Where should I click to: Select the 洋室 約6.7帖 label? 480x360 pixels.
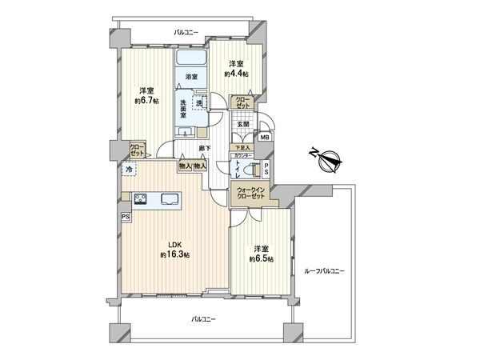click(145, 96)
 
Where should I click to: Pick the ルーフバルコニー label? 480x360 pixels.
click(324, 272)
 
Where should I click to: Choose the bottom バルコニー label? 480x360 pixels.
click(206, 319)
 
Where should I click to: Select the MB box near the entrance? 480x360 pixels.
click(266, 136)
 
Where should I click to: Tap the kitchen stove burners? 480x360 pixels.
click(141, 199)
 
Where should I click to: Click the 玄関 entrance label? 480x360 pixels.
click(243, 122)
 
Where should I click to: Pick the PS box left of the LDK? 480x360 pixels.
click(126, 216)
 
